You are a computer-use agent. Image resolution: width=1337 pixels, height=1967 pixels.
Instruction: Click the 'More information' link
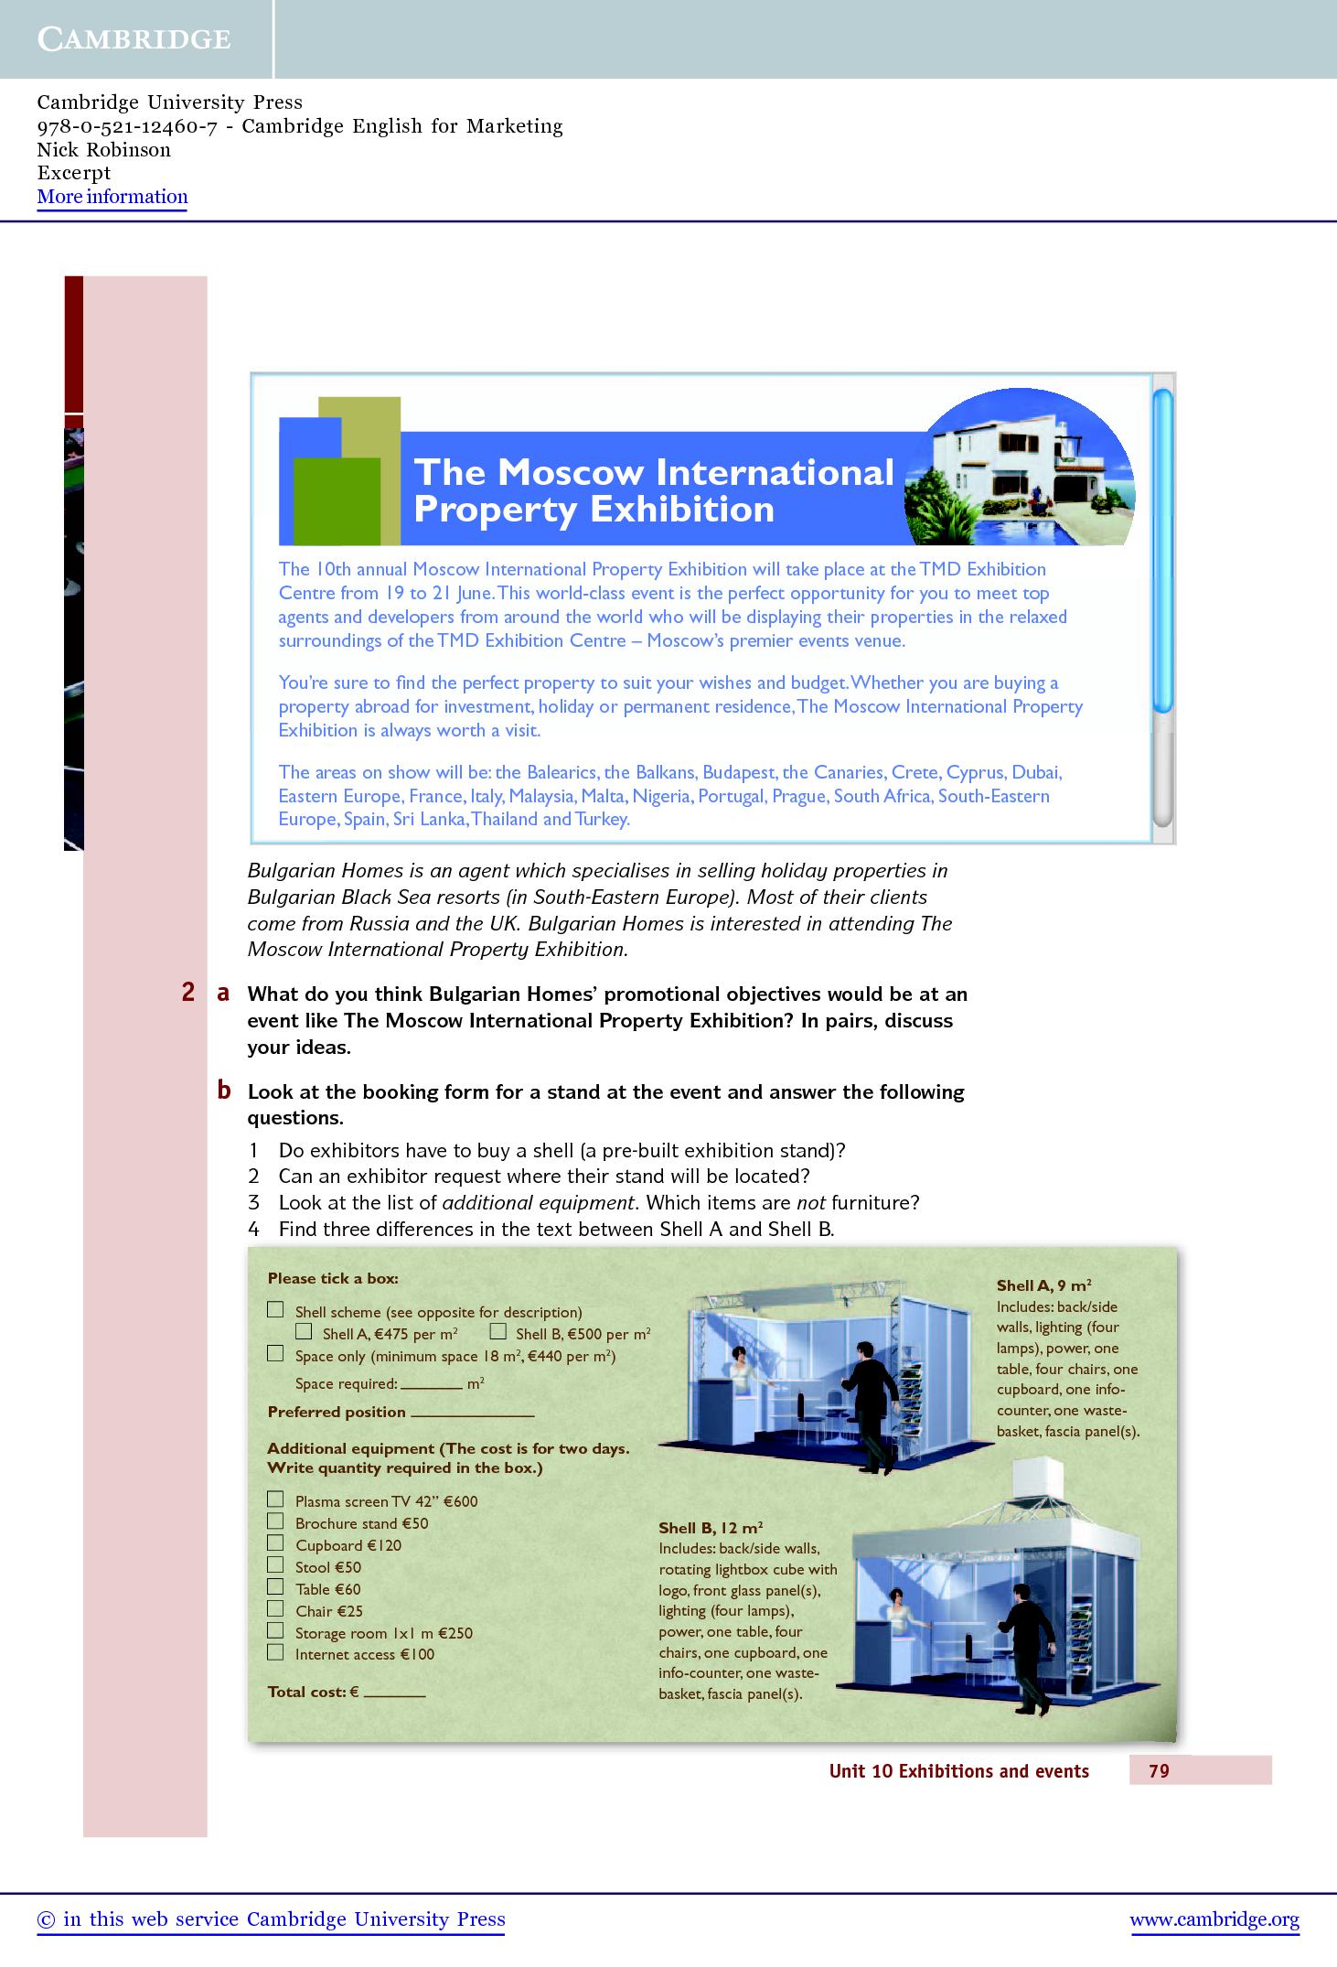click(x=112, y=197)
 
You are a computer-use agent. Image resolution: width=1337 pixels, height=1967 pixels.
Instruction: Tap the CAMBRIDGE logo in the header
click(x=134, y=38)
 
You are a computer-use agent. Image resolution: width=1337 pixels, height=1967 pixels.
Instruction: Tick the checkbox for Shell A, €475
click(x=305, y=1332)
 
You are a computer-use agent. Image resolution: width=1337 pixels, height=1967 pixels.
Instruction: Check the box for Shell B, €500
click(x=497, y=1332)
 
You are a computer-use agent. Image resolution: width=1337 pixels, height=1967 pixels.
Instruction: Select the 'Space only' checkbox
click(x=275, y=1354)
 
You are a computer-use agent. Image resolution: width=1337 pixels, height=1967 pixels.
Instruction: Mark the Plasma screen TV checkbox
click(x=275, y=1499)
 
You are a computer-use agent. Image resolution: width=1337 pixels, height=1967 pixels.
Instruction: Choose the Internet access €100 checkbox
click(x=275, y=1652)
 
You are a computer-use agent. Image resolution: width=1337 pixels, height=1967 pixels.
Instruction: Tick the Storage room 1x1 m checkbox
click(x=275, y=1630)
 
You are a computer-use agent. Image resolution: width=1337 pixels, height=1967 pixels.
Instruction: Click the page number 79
click(x=1159, y=1770)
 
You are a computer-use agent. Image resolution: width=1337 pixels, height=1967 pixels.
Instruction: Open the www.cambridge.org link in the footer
click(x=1214, y=1919)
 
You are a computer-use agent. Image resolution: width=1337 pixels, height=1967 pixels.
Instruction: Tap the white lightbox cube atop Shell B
click(x=1036, y=1487)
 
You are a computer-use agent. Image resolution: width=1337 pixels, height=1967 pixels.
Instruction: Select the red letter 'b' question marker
click(x=223, y=1091)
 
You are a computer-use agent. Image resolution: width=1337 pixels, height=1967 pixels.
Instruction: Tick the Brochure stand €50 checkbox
click(x=275, y=1521)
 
